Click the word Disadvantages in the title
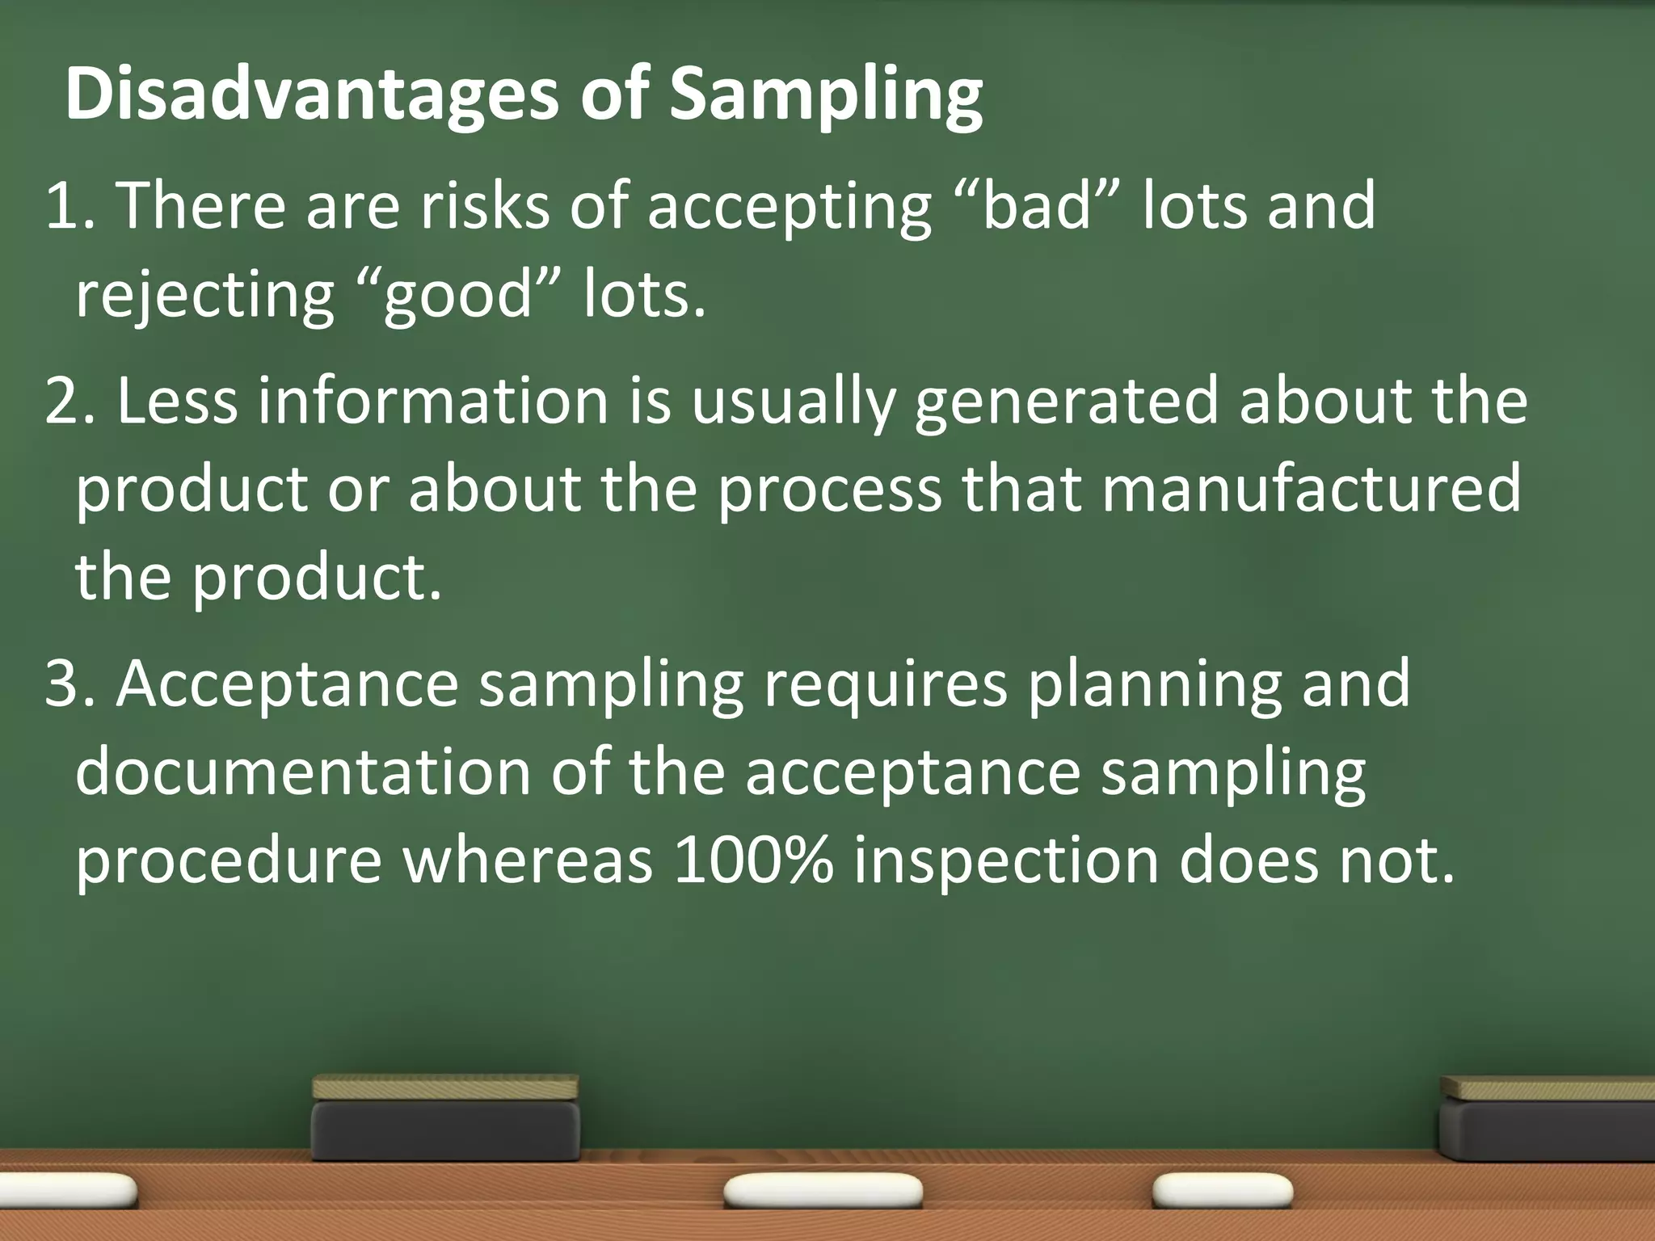[x=311, y=95]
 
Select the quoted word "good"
[x=458, y=295]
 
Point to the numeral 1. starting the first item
[x=70, y=206]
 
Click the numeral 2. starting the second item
[x=70, y=402]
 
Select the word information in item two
[x=432, y=402]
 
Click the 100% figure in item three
[x=752, y=860]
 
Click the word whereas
[x=528, y=860]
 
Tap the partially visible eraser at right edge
[x=1548, y=1119]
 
